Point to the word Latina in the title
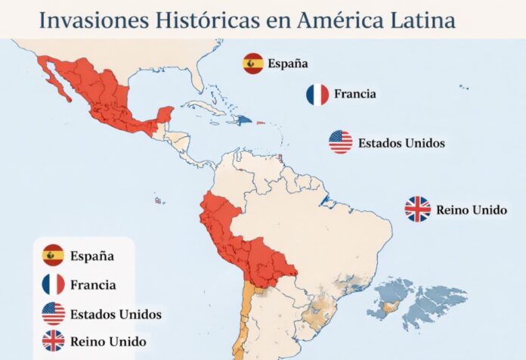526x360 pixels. [419, 20]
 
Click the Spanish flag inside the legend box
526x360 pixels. [53, 256]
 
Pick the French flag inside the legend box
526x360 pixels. [53, 284]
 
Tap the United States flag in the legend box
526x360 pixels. [53, 313]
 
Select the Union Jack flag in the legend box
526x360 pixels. [53, 341]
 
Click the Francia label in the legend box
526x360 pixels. [93, 285]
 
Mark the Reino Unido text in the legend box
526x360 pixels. [107, 341]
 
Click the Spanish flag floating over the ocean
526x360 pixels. [253, 64]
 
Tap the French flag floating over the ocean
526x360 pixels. [317, 95]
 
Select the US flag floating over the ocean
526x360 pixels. [341, 141]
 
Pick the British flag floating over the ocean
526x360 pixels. [417, 209]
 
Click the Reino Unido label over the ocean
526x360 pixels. [472, 209]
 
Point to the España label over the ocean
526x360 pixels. [288, 64]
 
